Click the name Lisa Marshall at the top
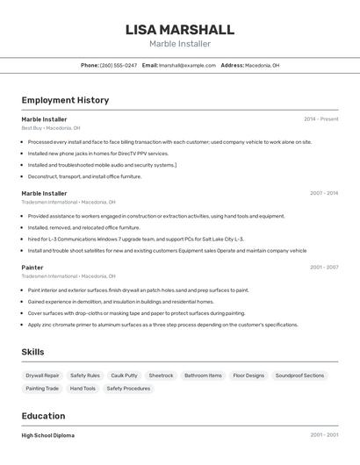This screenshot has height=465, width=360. (180, 29)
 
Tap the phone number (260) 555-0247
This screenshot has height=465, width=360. (119, 65)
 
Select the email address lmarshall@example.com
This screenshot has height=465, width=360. (187, 65)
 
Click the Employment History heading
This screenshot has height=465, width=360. (65, 100)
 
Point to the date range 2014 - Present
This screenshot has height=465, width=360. (320, 118)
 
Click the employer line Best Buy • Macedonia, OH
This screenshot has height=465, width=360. (50, 128)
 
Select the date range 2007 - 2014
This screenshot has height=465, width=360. (324, 193)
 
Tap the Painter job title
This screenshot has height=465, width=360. (32, 267)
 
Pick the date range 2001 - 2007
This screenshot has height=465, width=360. (324, 267)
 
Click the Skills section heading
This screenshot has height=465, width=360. (33, 352)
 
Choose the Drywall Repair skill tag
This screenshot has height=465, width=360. (43, 376)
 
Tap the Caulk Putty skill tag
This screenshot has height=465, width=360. (124, 376)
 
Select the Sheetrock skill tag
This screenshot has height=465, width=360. (161, 376)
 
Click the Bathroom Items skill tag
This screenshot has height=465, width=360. (203, 376)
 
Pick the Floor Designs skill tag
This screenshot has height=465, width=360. (248, 376)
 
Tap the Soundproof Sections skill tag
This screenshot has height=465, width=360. (299, 376)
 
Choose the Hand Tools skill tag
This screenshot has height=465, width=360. (83, 388)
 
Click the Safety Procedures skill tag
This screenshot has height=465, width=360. (128, 388)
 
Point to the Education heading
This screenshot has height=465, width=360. (43, 416)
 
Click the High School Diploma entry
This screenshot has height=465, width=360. (48, 435)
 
